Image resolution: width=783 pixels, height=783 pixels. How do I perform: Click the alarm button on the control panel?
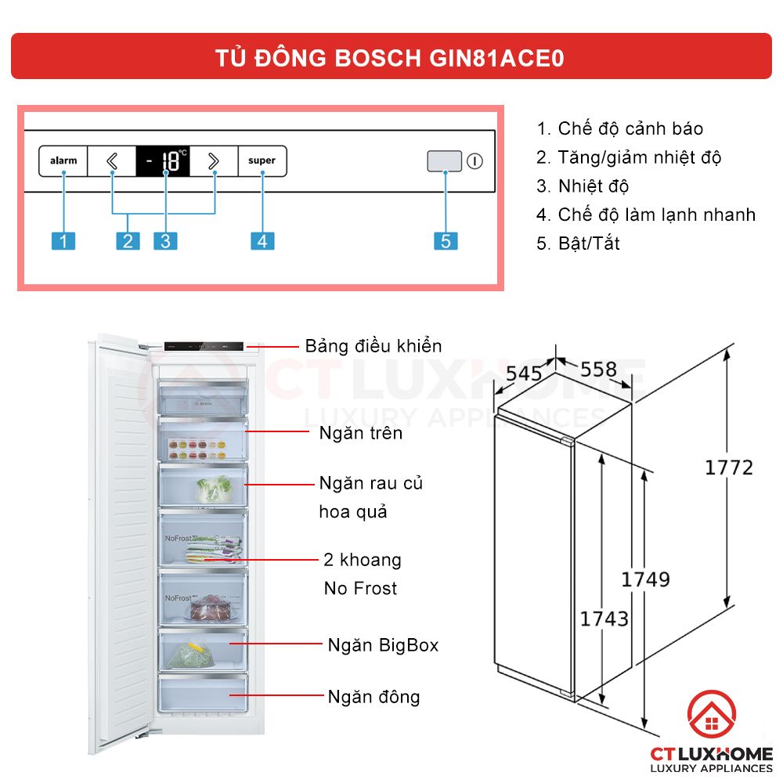pos(63,161)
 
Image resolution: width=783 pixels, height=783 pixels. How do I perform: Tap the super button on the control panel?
pos(262,161)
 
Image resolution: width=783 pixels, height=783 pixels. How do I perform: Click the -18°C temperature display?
pos(163,161)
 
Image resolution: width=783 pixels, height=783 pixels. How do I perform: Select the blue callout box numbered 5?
pos(445,240)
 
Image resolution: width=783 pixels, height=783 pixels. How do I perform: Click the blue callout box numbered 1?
pos(63,240)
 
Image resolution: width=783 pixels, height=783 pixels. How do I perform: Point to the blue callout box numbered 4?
pos(262,240)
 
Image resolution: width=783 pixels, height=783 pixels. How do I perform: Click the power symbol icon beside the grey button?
pos(474,162)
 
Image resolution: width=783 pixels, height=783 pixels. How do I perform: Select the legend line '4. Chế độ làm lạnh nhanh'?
pos(646,215)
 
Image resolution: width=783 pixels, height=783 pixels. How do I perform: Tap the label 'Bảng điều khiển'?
pos(373,346)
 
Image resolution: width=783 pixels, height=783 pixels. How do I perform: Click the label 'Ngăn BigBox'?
pos(383,645)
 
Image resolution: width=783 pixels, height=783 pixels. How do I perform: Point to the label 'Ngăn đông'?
pos(373,696)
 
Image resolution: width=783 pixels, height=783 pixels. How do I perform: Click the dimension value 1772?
pos(728,467)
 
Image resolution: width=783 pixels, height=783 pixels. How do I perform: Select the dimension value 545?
pos(523,374)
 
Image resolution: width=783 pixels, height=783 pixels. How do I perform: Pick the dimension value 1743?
pos(604,619)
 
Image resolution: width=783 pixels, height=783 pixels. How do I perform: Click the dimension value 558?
pos(599,369)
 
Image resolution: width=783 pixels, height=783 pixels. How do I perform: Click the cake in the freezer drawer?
pos(209,606)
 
